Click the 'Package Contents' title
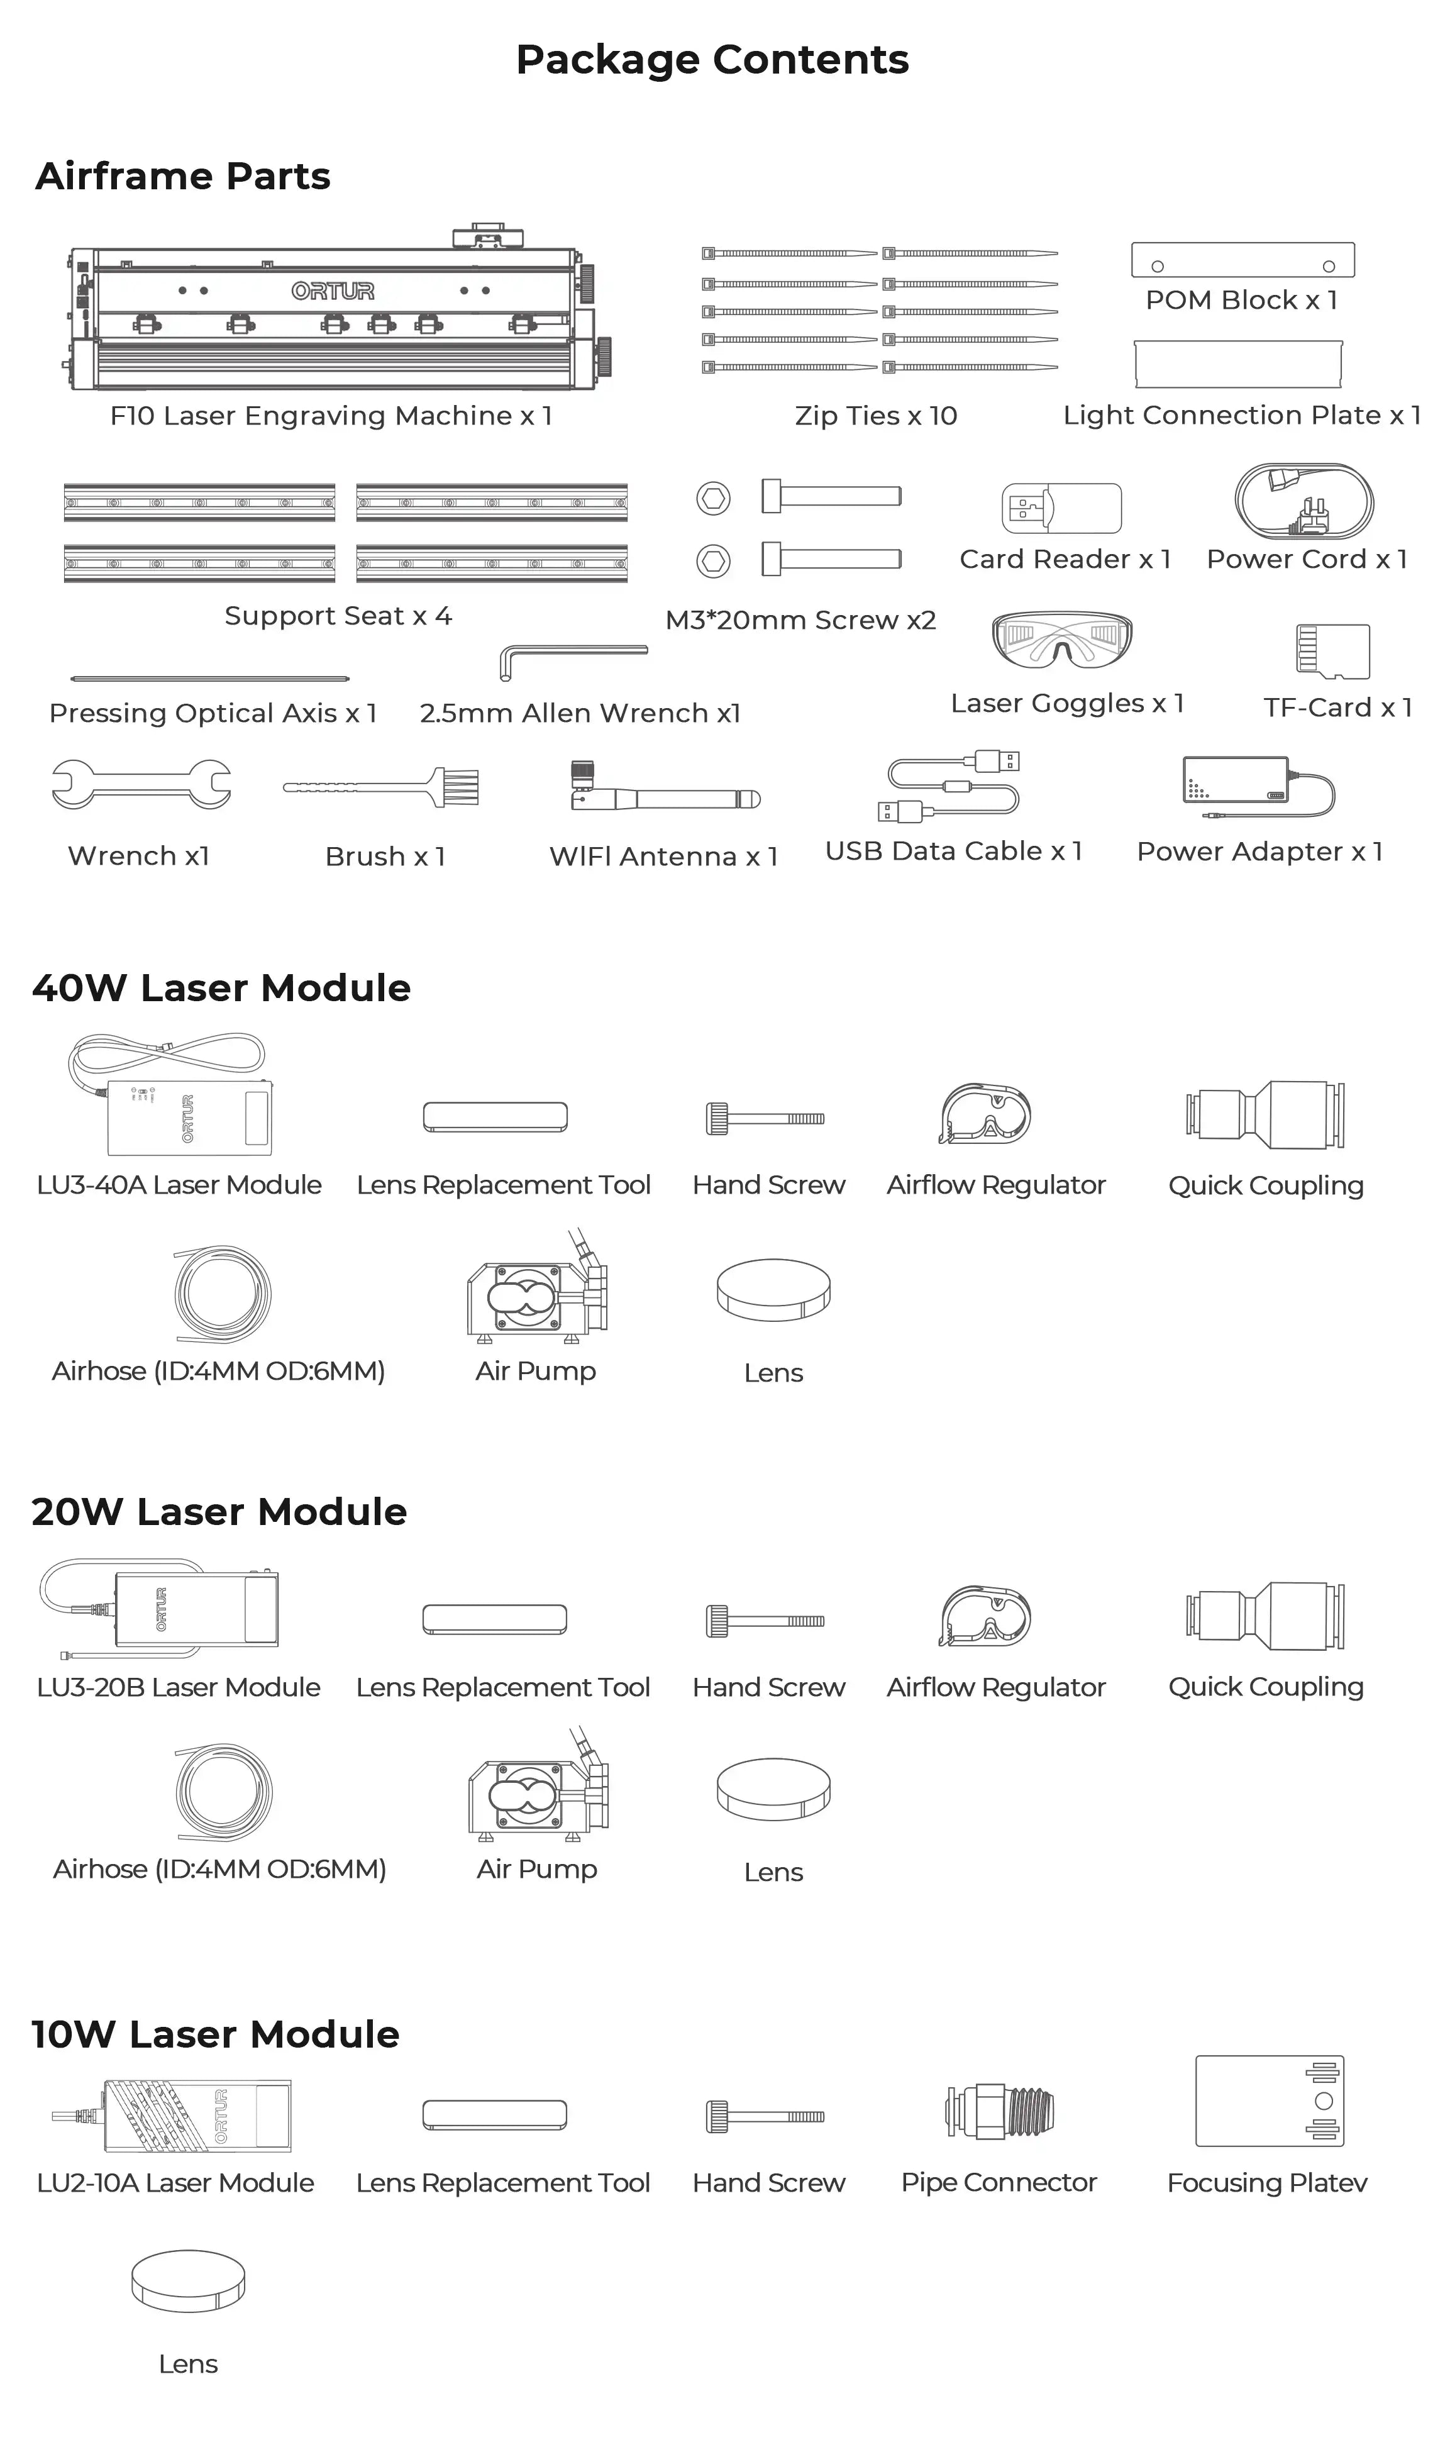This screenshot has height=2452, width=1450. click(712, 60)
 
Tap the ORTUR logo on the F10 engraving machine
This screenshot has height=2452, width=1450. click(332, 291)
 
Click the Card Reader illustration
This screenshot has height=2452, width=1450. click(1061, 508)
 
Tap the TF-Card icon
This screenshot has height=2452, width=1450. click(1333, 652)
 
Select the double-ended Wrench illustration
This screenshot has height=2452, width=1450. click(141, 784)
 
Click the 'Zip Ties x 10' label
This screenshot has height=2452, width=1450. click(875, 416)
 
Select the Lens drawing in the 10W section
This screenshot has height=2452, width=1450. click(187, 2280)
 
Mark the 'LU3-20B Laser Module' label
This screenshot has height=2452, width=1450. click(179, 1687)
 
